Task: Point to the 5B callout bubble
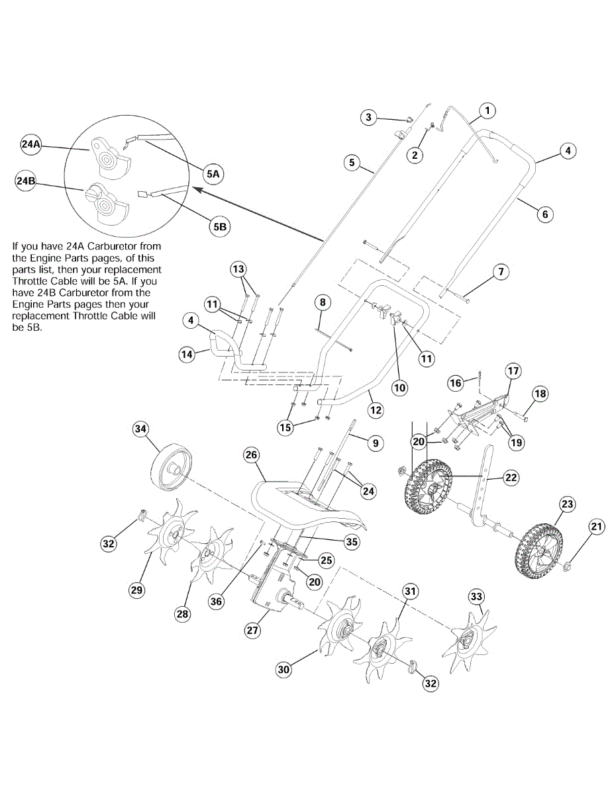click(219, 226)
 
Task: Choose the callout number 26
click(251, 455)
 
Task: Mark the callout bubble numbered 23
click(567, 504)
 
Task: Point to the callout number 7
click(501, 272)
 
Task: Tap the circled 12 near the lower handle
click(376, 410)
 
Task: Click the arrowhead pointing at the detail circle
click(195, 189)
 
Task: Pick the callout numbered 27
click(252, 631)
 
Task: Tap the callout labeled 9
click(375, 443)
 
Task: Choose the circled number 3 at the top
click(369, 118)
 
